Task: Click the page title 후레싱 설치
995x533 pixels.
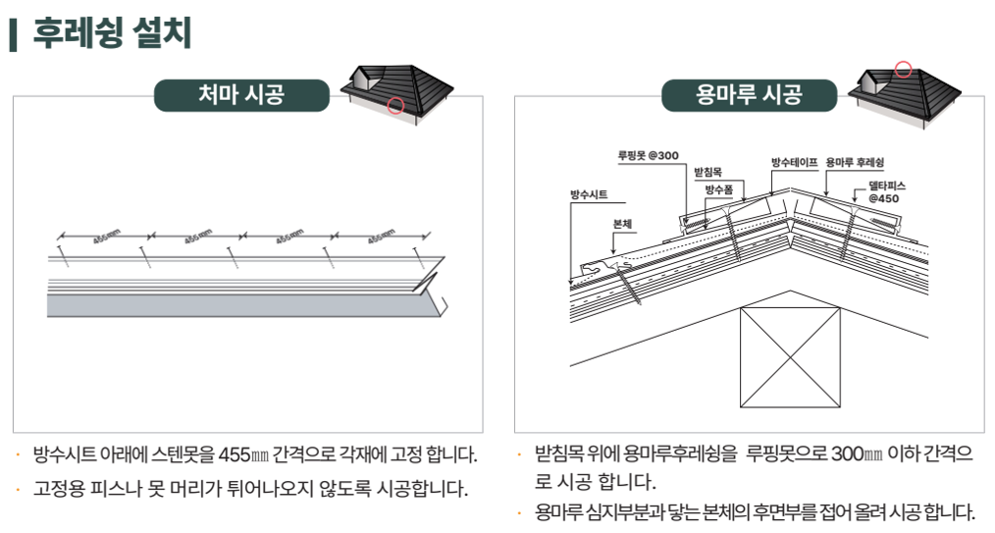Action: (x=112, y=33)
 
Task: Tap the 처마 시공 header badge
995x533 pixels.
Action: (x=241, y=95)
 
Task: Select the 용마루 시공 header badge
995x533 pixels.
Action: (x=749, y=95)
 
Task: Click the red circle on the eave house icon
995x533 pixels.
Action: (x=396, y=105)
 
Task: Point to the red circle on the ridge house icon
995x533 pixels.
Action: (x=904, y=69)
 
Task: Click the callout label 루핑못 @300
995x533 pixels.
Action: (x=649, y=155)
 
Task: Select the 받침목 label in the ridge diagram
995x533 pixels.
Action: (x=708, y=172)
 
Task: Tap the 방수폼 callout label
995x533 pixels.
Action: (x=719, y=189)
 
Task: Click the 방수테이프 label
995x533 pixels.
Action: (x=795, y=162)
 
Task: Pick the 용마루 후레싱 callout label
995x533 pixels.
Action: (x=855, y=162)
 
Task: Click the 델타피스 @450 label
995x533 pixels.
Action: (x=886, y=192)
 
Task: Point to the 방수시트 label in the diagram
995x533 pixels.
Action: (x=589, y=194)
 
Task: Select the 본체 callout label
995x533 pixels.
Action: (x=622, y=224)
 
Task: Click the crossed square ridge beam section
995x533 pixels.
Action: (x=790, y=357)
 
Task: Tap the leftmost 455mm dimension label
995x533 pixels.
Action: (x=107, y=236)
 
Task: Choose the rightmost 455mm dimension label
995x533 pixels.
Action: (x=382, y=236)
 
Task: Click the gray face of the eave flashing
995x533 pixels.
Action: (x=244, y=305)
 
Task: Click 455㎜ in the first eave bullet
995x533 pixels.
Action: (x=243, y=454)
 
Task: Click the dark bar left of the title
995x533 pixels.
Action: (x=14, y=35)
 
